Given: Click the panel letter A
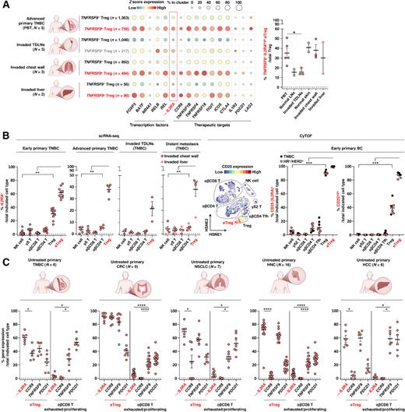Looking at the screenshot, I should (5, 5).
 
